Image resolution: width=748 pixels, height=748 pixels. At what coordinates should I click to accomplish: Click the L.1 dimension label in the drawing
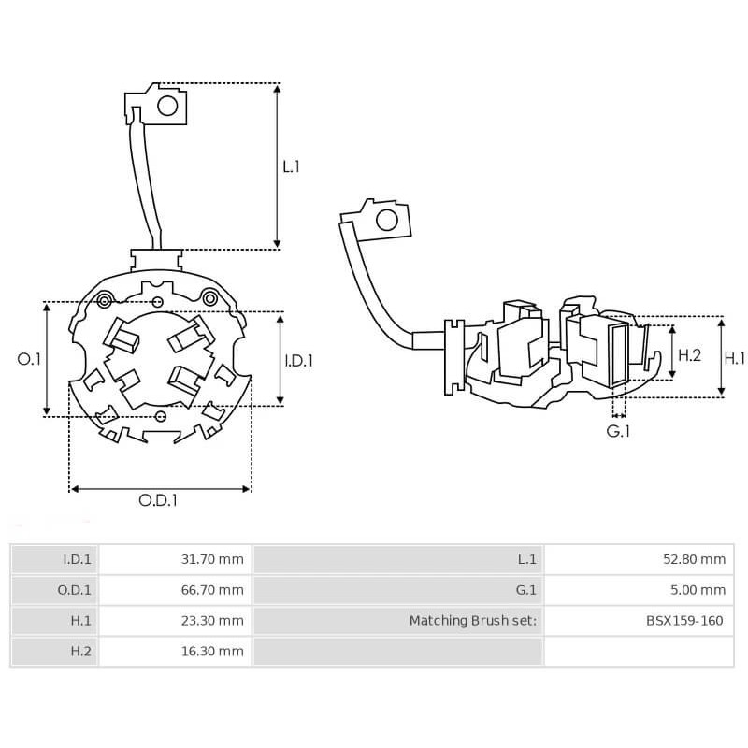[291, 166]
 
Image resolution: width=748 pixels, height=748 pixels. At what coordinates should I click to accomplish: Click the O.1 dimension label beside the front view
[30, 359]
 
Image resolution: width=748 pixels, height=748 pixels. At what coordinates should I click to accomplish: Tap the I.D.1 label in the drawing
[298, 360]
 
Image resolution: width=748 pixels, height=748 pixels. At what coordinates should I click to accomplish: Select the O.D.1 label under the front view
[158, 500]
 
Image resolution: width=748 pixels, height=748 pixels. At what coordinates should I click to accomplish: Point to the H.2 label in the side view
[689, 355]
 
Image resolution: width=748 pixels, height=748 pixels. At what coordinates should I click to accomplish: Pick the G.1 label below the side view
[618, 431]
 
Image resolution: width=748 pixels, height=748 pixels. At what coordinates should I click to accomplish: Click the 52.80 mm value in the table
[693, 560]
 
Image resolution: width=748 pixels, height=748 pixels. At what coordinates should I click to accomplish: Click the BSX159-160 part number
[683, 620]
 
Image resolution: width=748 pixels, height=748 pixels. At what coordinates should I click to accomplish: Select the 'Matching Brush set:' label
[473, 620]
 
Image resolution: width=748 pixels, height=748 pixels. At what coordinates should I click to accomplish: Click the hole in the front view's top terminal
[167, 106]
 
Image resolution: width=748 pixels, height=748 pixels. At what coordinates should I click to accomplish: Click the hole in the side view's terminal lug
[384, 221]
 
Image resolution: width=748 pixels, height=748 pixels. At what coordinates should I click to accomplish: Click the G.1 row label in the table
[526, 590]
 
